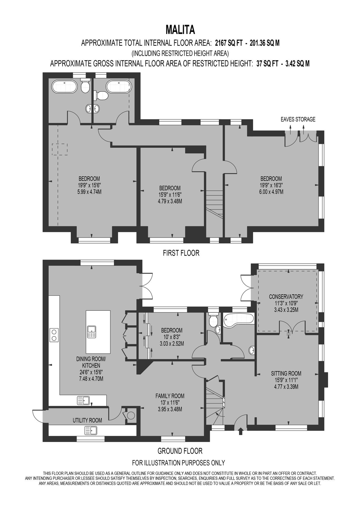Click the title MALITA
[x=180, y=29]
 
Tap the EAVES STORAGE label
[x=298, y=119]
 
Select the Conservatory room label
[x=286, y=297]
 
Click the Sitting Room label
[x=286, y=373]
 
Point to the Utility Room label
[x=87, y=420]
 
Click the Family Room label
[x=170, y=396]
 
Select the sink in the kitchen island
[x=92, y=332]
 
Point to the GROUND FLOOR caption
[x=180, y=450]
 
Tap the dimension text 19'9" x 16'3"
[x=271, y=185]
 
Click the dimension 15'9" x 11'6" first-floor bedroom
[x=170, y=195]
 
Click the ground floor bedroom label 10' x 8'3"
[x=172, y=337]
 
